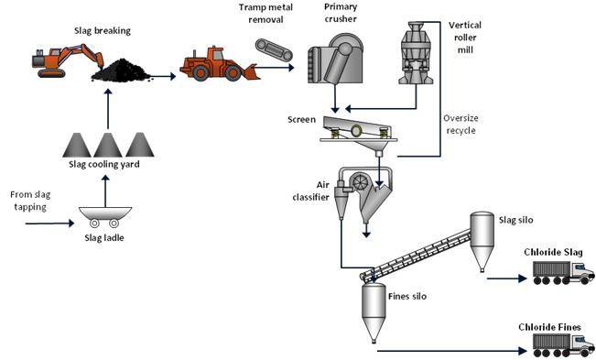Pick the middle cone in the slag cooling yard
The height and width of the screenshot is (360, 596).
coord(109,145)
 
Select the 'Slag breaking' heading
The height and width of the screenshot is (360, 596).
coord(103,30)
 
